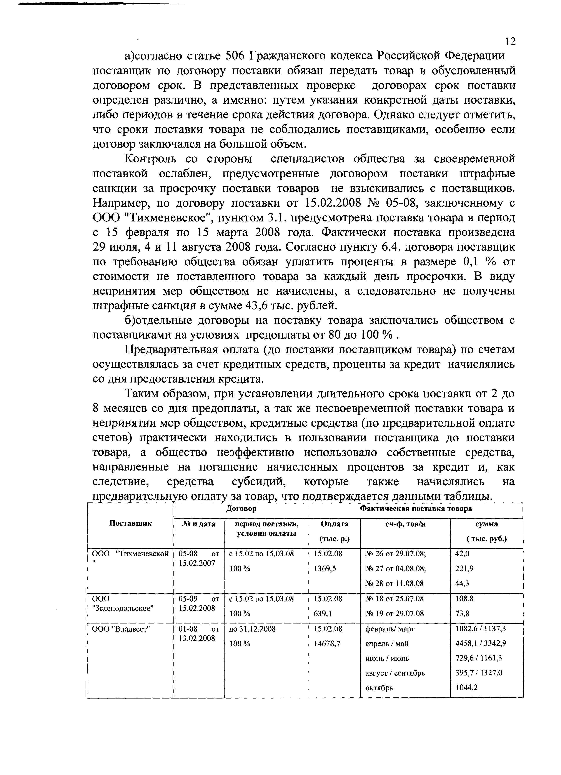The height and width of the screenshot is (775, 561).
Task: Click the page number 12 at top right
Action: coord(509,42)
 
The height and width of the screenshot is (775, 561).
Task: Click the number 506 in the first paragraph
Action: coord(235,56)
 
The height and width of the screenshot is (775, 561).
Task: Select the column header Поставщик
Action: coord(130,523)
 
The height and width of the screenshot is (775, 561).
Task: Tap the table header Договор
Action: coord(241,509)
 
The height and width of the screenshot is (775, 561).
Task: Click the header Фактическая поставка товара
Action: coord(416,509)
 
